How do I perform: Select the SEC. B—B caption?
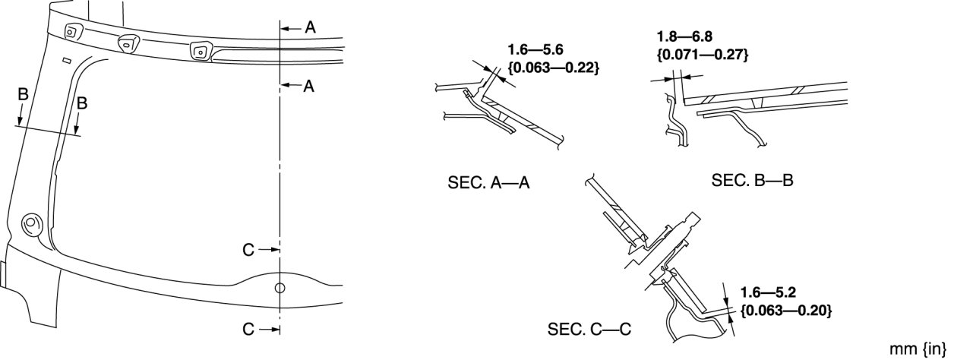click(753, 181)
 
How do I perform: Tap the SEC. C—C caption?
click(590, 330)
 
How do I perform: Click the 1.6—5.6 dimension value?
click(535, 50)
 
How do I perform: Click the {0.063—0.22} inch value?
click(554, 68)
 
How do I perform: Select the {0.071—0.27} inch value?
click(703, 54)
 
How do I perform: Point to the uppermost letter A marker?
click(309, 27)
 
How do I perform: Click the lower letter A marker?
click(309, 87)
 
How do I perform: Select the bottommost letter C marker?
click(248, 330)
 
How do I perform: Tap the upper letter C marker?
click(248, 248)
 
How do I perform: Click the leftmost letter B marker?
click(23, 95)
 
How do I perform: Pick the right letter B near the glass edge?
click(82, 104)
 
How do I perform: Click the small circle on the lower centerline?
click(280, 288)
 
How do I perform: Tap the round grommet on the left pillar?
click(32, 223)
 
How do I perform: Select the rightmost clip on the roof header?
click(201, 52)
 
